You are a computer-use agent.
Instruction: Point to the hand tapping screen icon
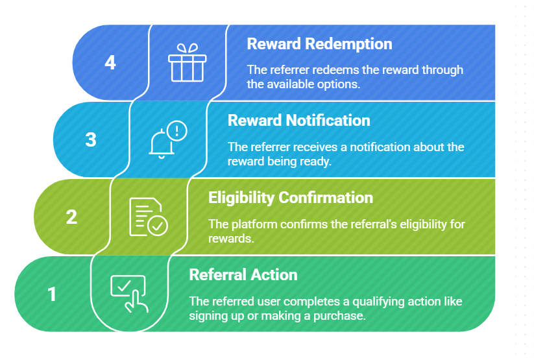[x=129, y=293]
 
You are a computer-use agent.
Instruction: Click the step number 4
[x=110, y=63]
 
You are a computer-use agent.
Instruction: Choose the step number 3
[x=91, y=139]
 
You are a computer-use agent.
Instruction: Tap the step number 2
[x=71, y=217]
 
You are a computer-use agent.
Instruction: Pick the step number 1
[x=52, y=294]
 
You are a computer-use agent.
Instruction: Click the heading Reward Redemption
[x=319, y=44]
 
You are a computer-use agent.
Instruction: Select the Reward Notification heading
[x=299, y=121]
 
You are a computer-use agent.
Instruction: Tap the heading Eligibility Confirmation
[x=291, y=197]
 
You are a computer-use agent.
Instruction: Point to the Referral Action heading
[x=243, y=274]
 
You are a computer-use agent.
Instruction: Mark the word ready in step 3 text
[x=316, y=162]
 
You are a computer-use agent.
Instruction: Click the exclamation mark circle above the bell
[x=176, y=131]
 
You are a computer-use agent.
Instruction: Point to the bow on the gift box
[x=187, y=49]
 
